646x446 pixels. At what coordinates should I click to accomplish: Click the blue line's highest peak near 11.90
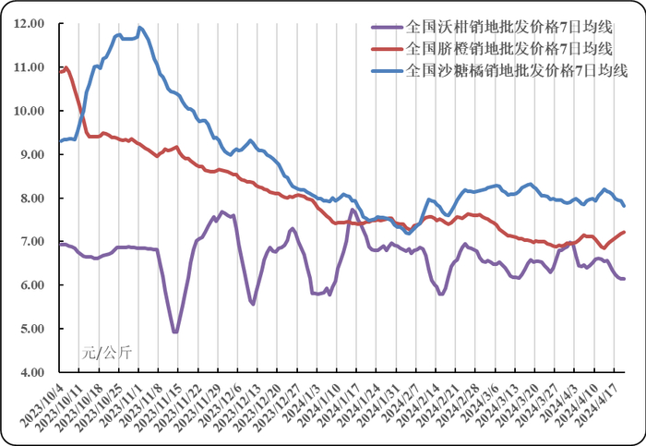click(x=139, y=28)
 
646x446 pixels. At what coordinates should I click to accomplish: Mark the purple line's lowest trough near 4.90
click(x=174, y=332)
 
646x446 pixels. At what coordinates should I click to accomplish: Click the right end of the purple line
click(x=624, y=279)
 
